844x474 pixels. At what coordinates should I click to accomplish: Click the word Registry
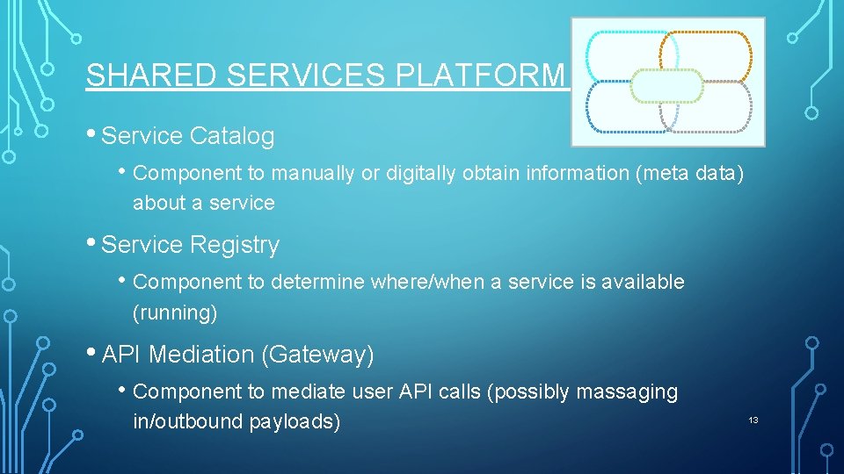[x=238, y=245]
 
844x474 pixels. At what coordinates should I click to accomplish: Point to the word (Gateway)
[x=318, y=355]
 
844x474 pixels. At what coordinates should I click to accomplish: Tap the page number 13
[x=753, y=421]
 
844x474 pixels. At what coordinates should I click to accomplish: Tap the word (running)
[x=175, y=312]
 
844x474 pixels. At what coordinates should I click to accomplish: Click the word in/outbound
[x=187, y=421]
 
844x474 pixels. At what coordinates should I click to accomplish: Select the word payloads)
[x=295, y=421]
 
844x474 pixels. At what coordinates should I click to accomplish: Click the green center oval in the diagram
[x=667, y=86]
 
